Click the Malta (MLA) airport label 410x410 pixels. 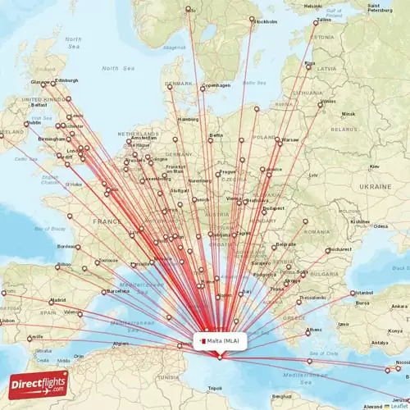click(219, 339)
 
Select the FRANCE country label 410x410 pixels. click(106, 221)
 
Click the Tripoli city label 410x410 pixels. click(215, 388)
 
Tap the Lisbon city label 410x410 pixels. click(7, 321)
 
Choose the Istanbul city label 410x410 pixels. click(364, 292)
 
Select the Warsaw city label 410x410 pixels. click(291, 139)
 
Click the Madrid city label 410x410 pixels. click(57, 300)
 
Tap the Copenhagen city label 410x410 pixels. click(216, 85)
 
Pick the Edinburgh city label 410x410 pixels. click(67, 80)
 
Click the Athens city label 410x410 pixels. click(314, 330)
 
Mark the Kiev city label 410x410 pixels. click(376, 166)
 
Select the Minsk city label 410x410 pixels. click(348, 114)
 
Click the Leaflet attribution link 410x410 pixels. click(399, 405)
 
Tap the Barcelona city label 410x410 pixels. click(117, 290)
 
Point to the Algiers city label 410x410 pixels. click(121, 344)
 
